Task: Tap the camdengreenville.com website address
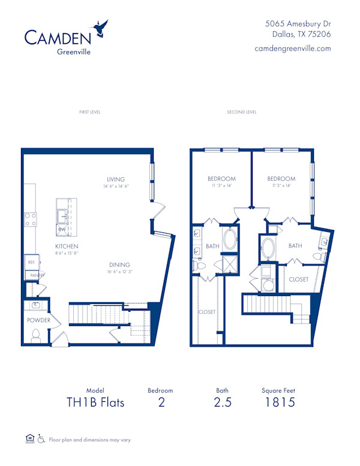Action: tap(293, 48)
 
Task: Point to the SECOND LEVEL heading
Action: tap(242, 112)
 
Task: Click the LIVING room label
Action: tap(116, 180)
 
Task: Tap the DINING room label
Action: tap(119, 265)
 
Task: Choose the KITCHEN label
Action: tap(67, 246)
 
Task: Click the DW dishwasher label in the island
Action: tap(62, 229)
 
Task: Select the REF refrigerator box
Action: tap(30, 262)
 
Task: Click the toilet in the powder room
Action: tap(35, 336)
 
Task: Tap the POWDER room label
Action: tap(39, 320)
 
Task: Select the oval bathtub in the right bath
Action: tap(268, 249)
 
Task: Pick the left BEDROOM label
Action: tap(221, 179)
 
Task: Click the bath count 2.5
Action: tap(222, 402)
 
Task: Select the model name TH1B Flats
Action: tap(95, 402)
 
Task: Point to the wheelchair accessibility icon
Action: tap(41, 439)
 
